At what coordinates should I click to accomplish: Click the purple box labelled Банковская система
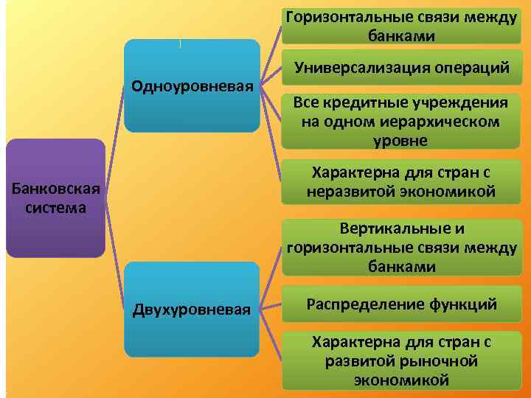point(55,198)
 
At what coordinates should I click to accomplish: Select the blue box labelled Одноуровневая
point(192,85)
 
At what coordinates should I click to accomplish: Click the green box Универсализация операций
point(402,69)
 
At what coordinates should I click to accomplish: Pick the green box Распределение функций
point(402,304)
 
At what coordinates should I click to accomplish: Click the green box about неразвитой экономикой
point(402,183)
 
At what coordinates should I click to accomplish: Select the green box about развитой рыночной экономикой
point(402,361)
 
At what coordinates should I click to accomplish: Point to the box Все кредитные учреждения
point(402,121)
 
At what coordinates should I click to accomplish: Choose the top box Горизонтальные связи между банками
point(402,26)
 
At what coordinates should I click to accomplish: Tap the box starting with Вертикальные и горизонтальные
point(402,247)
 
